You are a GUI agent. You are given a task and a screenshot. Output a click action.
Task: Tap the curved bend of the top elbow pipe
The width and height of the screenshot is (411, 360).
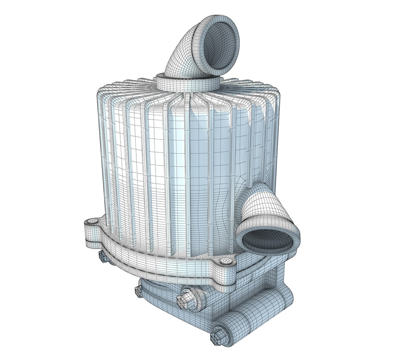(183, 53)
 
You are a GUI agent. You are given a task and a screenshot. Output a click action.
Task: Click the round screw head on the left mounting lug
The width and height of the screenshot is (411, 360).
(93, 222)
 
